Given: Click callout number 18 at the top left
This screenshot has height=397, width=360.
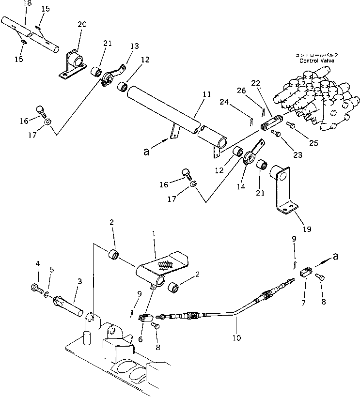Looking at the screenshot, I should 13,3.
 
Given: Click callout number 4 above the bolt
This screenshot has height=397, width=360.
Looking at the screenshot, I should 37,263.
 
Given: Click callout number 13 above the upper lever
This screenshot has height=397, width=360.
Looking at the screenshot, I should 134,46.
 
